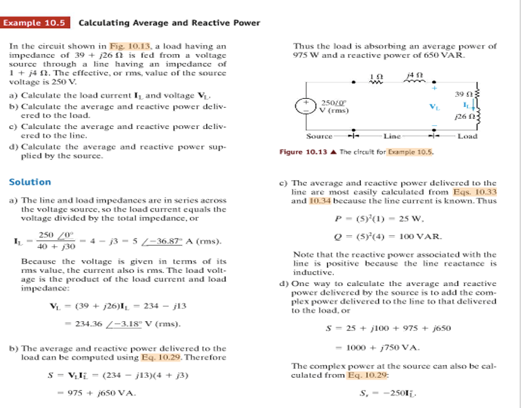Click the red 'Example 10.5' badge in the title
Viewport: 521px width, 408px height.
click(35, 23)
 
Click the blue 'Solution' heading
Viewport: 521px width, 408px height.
click(30, 182)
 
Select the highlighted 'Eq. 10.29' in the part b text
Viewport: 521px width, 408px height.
click(157, 358)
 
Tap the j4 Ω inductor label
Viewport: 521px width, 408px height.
click(415, 75)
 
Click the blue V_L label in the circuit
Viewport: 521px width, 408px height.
click(434, 106)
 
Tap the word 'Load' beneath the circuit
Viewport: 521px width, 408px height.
click(467, 136)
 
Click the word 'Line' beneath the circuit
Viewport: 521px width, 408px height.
click(392, 136)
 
